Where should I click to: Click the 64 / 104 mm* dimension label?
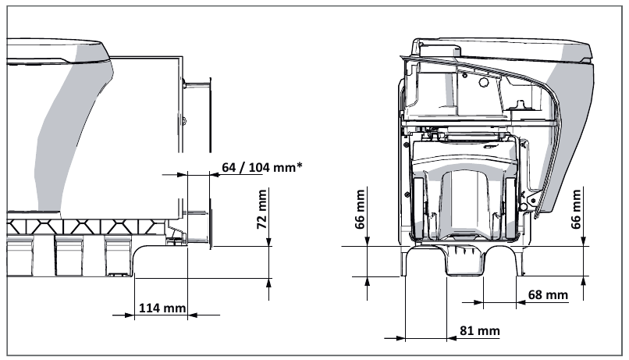coord(262,166)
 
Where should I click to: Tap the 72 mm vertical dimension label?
coord(262,209)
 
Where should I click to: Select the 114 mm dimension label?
coord(162,308)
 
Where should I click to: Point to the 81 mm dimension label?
coord(480,330)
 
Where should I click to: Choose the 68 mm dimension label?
coord(548,295)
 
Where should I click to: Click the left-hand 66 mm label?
coord(360,209)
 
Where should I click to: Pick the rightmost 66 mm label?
coord(576,209)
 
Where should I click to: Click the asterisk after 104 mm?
coord(299,165)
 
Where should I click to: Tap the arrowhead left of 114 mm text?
coord(130,315)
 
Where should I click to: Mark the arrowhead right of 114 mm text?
coord(193,315)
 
